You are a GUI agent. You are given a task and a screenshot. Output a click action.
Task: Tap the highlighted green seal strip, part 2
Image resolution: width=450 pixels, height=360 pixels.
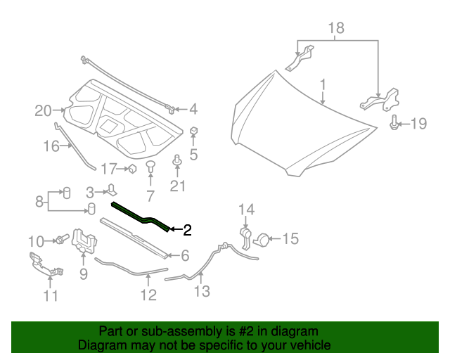[x=141, y=215]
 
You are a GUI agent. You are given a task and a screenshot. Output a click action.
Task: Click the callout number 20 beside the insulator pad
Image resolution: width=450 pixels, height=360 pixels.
[x=44, y=110]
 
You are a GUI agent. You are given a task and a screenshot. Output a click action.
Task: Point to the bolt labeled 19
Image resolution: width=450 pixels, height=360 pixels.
[x=395, y=124]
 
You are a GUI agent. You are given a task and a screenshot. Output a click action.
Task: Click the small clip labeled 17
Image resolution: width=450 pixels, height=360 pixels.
[x=131, y=168]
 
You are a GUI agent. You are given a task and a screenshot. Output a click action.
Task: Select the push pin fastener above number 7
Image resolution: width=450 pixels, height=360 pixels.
[x=150, y=165]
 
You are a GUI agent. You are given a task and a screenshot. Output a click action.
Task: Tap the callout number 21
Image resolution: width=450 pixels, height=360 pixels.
[x=178, y=186]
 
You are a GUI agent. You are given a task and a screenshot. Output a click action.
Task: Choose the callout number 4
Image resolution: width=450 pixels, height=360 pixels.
[x=193, y=109]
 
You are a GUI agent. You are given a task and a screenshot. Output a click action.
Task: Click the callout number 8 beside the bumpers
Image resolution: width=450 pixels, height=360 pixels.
[x=39, y=201]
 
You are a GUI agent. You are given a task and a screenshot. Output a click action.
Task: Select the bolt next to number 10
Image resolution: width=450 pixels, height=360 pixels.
[x=60, y=240]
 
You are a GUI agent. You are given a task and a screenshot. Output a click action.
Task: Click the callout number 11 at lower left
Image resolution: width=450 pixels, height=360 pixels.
[x=50, y=295]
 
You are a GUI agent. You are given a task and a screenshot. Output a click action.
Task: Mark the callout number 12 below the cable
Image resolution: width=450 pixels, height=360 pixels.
[x=148, y=295]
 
